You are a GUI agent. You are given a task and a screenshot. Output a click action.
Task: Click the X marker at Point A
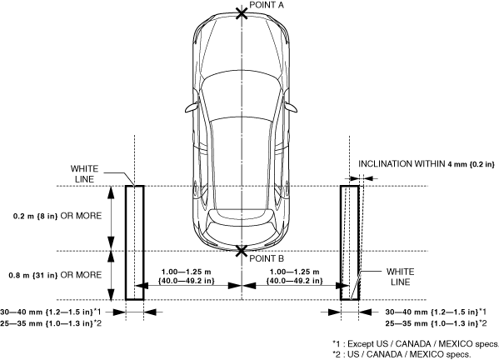click(242, 13)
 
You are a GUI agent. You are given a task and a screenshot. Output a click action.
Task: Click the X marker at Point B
click(242, 251)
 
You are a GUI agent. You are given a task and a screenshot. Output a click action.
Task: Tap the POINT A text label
click(267, 5)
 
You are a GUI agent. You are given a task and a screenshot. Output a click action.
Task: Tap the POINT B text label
click(267, 258)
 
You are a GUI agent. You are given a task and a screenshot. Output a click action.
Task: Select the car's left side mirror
click(192, 107)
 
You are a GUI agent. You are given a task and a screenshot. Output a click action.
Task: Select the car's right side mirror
click(291, 107)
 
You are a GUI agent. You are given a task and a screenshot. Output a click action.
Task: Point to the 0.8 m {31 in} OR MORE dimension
click(55, 275)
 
